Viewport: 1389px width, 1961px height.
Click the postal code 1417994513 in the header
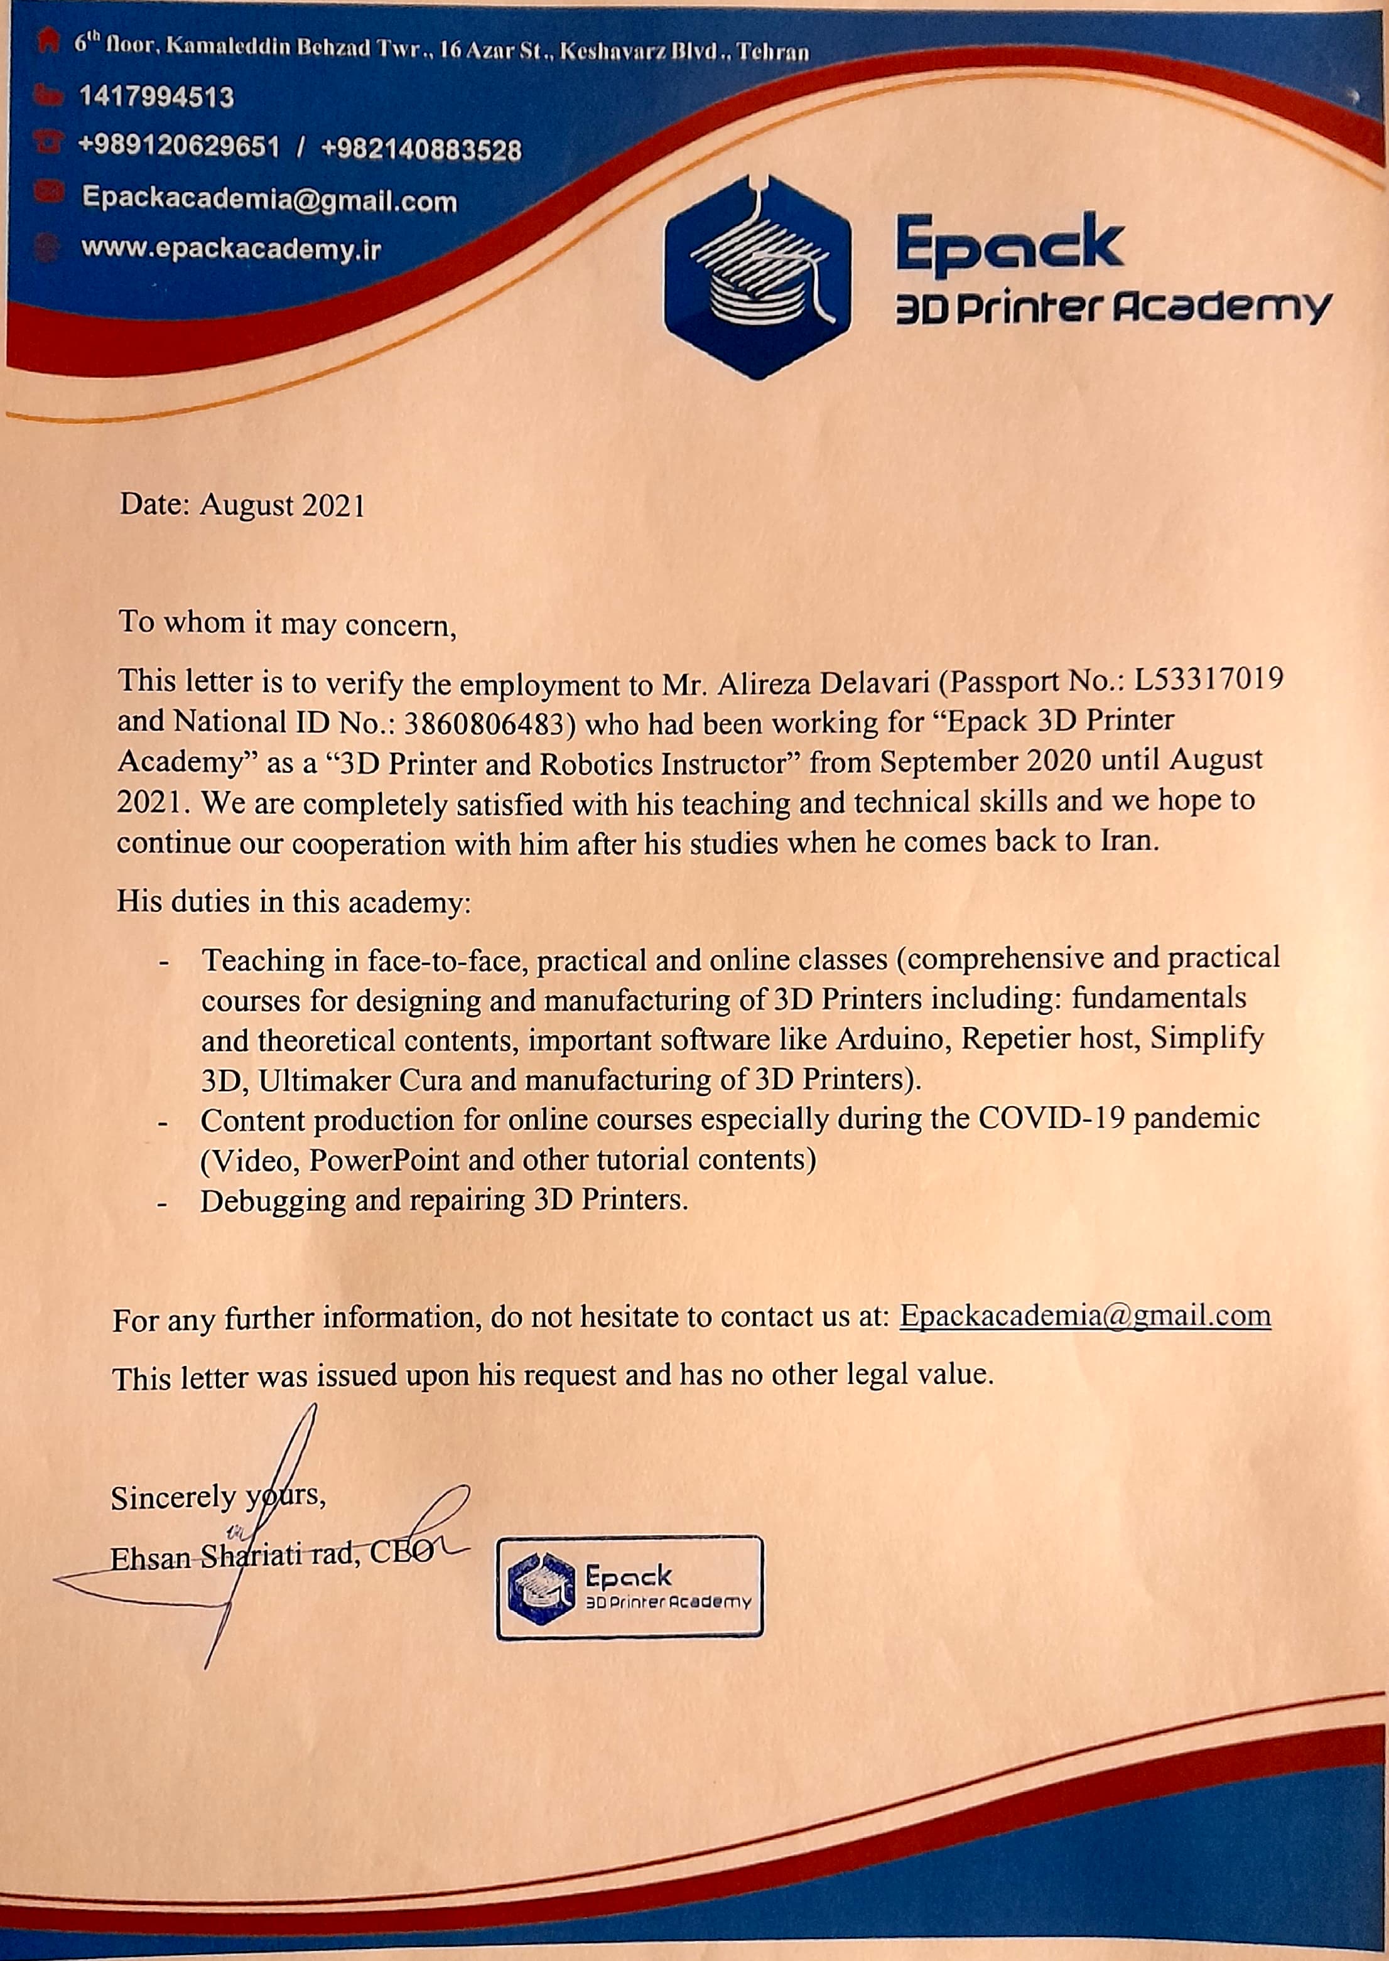tap(156, 97)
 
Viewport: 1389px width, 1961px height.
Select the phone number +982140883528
tap(421, 149)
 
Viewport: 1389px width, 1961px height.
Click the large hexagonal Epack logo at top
tap(757, 278)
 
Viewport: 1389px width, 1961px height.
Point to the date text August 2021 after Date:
tap(282, 505)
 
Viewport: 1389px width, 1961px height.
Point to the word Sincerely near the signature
tap(173, 1497)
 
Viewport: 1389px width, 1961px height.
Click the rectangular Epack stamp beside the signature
tap(629, 1587)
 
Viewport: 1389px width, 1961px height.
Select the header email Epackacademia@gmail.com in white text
tap(269, 200)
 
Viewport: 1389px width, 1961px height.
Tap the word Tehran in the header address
tap(772, 52)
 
